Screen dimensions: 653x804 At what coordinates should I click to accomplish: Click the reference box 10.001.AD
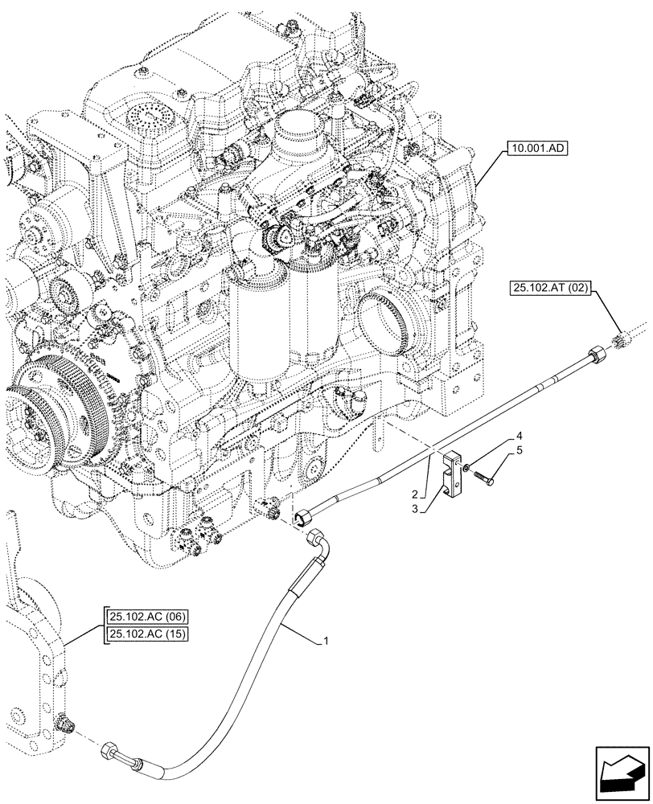click(536, 148)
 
